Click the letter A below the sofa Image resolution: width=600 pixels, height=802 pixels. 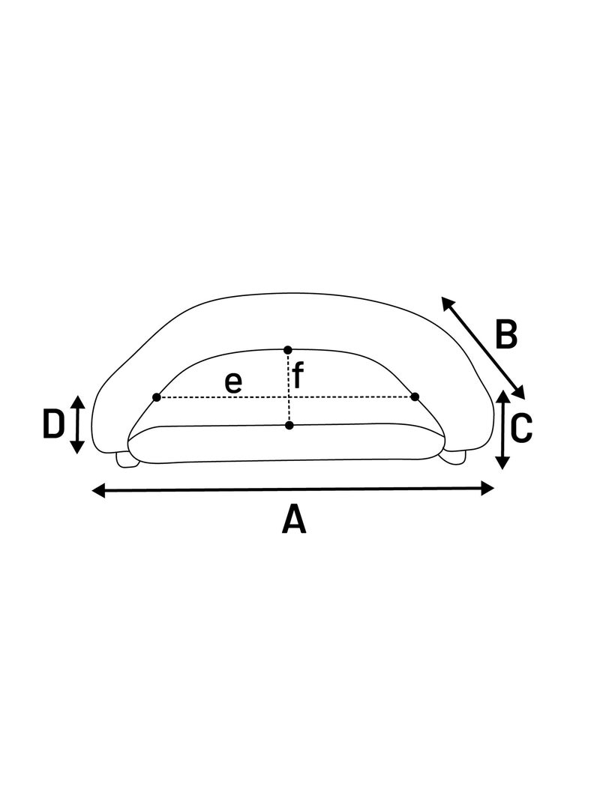click(294, 519)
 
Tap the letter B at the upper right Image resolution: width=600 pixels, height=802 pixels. click(506, 334)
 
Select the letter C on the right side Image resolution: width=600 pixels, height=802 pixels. click(522, 428)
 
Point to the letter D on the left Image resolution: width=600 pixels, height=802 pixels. click(53, 424)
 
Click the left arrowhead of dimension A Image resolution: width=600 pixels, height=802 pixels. click(99, 491)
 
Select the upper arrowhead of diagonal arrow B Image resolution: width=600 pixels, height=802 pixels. click(448, 303)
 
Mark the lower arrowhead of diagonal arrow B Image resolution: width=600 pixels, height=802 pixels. click(518, 393)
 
